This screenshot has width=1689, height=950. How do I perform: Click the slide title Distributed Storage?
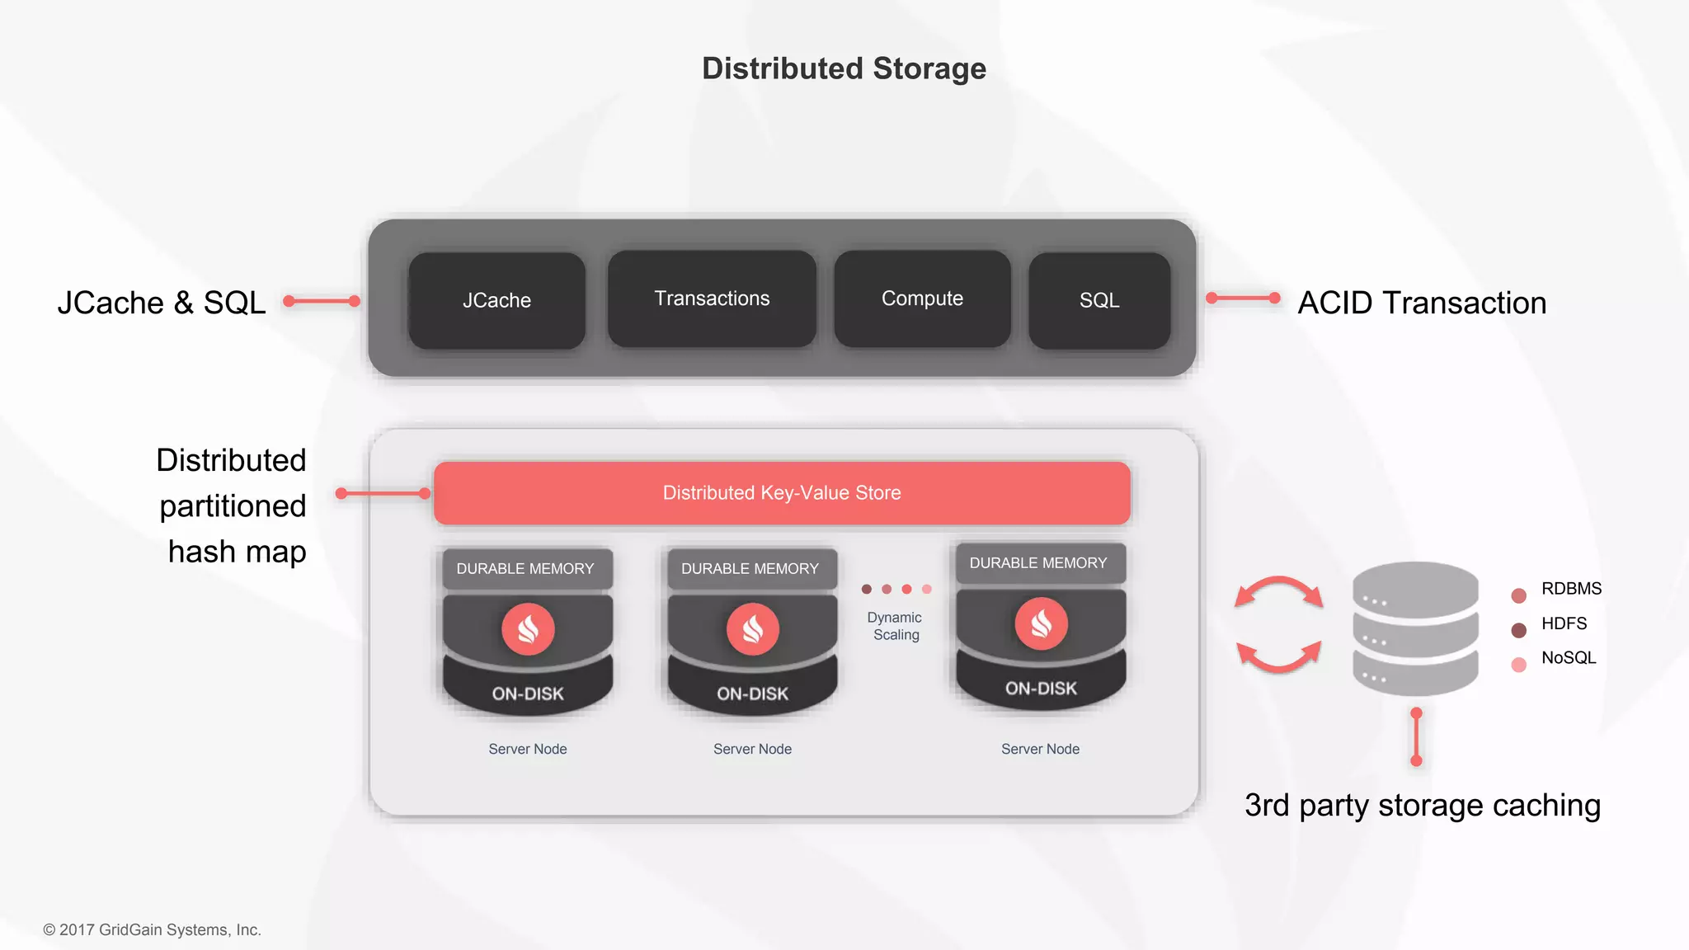click(x=844, y=68)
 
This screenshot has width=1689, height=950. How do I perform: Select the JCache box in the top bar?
click(x=496, y=300)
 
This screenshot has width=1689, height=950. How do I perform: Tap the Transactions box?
click(x=712, y=299)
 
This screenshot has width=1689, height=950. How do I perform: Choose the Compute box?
click(x=922, y=299)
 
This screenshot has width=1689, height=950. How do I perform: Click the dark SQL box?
click(x=1099, y=300)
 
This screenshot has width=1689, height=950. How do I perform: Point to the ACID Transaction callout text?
click(x=1422, y=303)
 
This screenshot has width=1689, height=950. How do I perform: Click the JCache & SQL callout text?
click(x=162, y=303)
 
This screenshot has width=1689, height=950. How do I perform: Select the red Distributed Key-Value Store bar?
click(x=782, y=493)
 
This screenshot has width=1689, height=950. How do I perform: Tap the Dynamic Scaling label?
click(x=896, y=626)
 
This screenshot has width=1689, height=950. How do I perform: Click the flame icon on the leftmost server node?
click(x=528, y=629)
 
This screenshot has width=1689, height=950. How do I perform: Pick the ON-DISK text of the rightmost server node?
click(x=1041, y=689)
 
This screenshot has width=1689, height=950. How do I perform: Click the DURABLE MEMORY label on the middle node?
click(x=750, y=569)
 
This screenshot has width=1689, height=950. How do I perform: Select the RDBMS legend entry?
click(x=1570, y=589)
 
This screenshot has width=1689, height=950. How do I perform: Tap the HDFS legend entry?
click(x=1564, y=623)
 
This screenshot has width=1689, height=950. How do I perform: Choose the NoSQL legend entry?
click(x=1568, y=658)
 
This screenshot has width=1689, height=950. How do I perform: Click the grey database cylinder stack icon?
click(x=1415, y=628)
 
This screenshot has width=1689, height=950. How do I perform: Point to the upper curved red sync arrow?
click(x=1279, y=590)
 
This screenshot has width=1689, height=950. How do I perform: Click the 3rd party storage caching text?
click(x=1422, y=805)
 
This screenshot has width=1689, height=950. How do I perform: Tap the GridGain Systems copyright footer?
click(x=153, y=929)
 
